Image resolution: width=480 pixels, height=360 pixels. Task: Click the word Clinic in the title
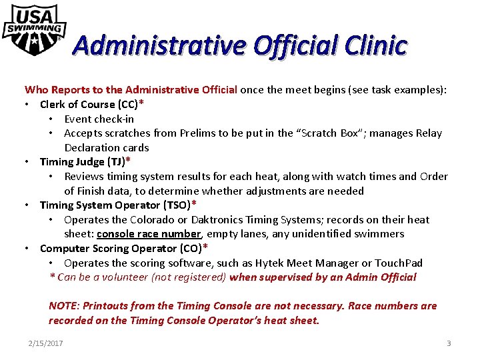(376, 45)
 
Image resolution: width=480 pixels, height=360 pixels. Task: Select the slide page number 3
(449, 343)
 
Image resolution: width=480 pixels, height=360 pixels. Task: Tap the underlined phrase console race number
(149, 234)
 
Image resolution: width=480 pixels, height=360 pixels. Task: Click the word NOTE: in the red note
(64, 306)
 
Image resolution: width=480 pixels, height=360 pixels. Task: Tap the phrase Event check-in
(99, 119)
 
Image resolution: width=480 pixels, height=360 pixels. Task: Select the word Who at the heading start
(35, 90)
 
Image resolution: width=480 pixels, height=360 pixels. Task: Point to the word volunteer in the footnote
(115, 277)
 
